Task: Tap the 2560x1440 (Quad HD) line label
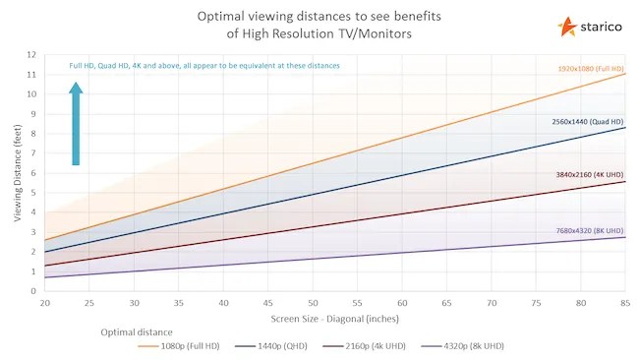pos(585,120)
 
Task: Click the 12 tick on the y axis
pos(32,55)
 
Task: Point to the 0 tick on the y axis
pos(34,291)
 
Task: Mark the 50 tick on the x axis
pos(313,303)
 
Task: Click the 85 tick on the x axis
pos(624,303)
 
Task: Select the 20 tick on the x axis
pos(45,303)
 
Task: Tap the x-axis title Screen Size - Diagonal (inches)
pos(335,319)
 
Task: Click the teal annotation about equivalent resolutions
pos(204,66)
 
